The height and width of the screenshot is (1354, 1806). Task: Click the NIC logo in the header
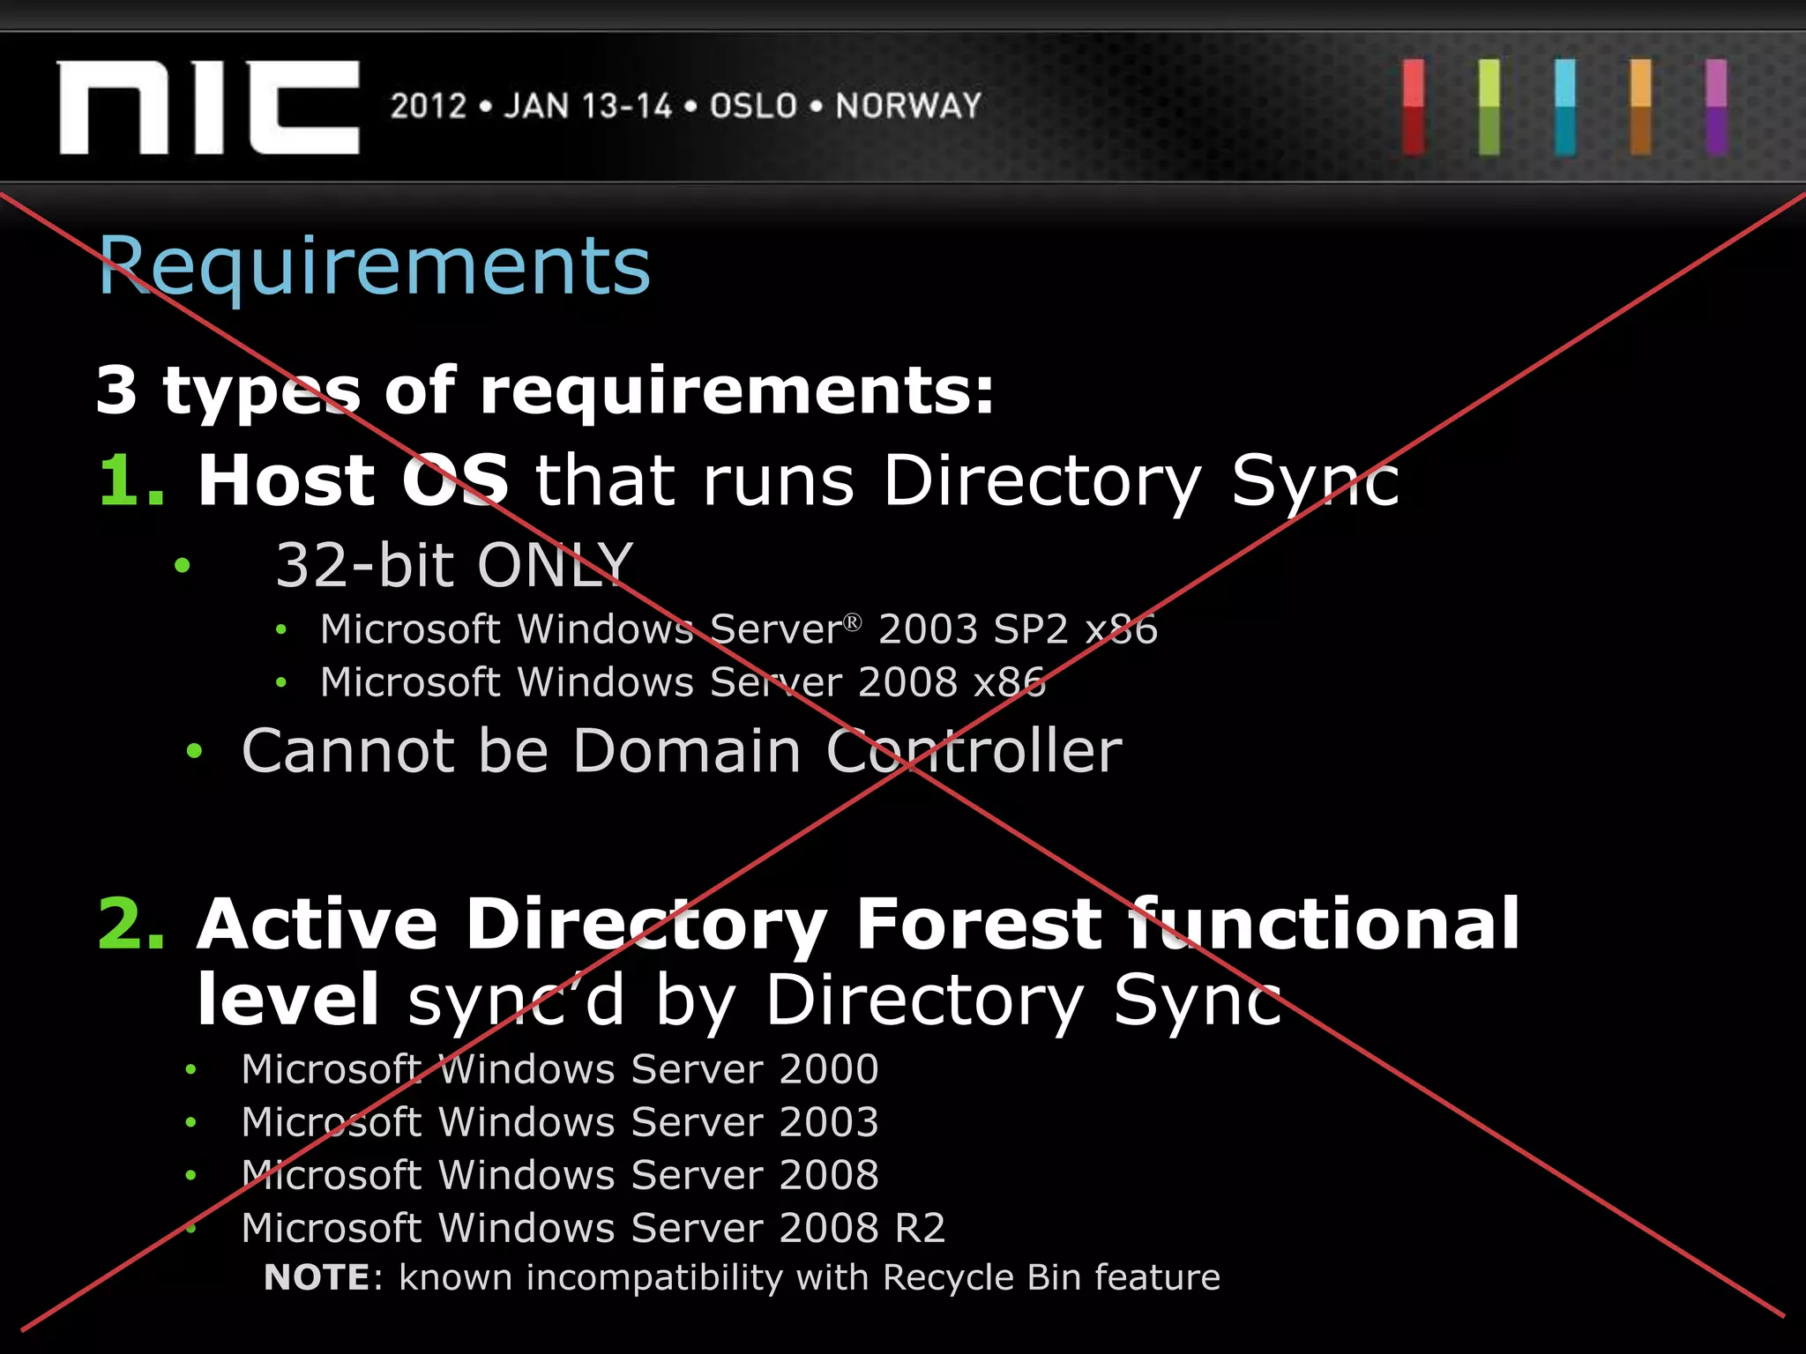209,107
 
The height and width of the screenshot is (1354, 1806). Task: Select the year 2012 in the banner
428,106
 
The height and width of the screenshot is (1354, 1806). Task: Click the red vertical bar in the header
1414,107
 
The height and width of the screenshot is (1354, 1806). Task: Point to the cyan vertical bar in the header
1565,107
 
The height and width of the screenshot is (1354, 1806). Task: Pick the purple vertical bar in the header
1716,107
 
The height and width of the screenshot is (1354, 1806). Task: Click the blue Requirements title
375,265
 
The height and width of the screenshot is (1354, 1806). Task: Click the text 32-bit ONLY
454,564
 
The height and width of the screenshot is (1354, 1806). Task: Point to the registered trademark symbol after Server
852,622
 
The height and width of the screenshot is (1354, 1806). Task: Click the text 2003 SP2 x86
1018,629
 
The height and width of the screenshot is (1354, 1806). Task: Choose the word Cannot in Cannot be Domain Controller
348,751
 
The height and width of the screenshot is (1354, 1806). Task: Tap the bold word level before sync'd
288,1000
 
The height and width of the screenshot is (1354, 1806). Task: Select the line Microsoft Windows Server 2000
560,1069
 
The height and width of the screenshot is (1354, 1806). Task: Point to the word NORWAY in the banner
908,106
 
